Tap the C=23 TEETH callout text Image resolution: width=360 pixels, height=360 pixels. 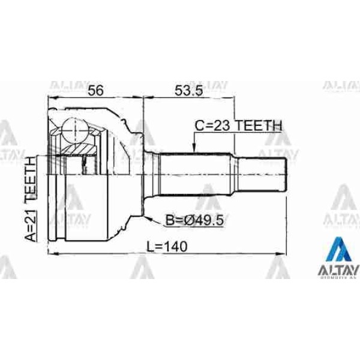point(238,126)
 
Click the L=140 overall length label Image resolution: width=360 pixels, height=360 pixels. point(165,246)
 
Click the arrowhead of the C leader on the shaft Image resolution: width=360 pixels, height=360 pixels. point(193,148)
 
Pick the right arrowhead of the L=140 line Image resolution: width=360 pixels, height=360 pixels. point(294,254)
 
